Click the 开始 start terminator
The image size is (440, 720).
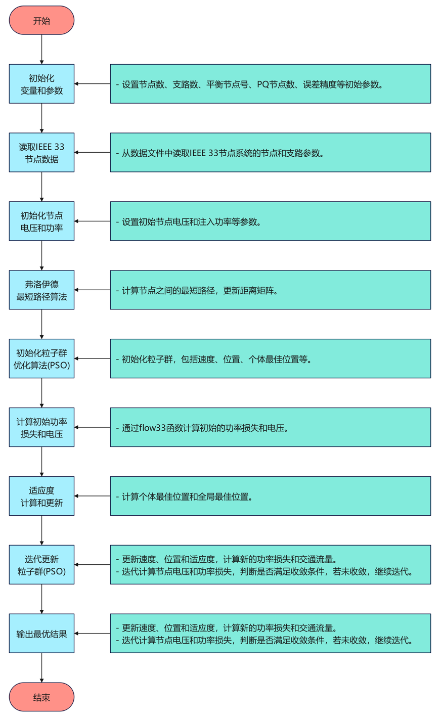pos(41,21)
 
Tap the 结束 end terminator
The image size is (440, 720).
pos(41,697)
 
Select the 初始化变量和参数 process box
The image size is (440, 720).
pos(41,84)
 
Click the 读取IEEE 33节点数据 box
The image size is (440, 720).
pos(41,153)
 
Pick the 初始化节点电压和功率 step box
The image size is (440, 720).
pos(41,221)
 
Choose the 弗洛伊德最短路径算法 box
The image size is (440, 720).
pos(41,290)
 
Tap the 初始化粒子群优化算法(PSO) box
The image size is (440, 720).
pos(41,359)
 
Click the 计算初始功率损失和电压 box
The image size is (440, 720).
pos(41,428)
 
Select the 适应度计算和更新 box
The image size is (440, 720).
pos(41,497)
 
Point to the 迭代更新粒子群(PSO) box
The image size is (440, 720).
pos(41,565)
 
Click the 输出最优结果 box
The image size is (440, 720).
pos(41,634)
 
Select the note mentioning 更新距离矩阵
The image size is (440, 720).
pos(271,290)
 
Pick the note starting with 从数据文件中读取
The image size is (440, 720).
pos(271,153)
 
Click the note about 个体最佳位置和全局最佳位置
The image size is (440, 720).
pos(271,497)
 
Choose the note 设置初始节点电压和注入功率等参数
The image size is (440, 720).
pos(271,221)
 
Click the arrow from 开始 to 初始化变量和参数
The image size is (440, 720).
pos(41,50)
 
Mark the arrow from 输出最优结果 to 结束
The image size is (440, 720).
pos(41,668)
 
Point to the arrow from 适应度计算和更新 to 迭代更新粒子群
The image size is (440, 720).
pos(41,530)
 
